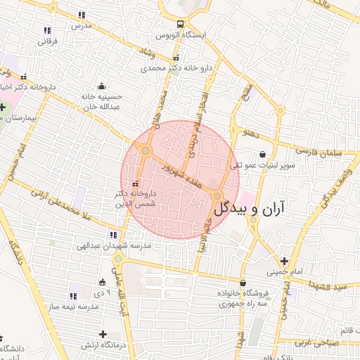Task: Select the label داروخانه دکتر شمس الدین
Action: [140, 197]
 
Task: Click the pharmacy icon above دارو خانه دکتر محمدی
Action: [176, 58]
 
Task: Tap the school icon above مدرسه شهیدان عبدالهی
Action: [112, 236]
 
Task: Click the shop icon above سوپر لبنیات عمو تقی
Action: [262, 154]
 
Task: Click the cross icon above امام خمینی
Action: [284, 259]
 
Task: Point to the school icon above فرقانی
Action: [47, 30]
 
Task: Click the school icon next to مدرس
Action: [82, 14]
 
